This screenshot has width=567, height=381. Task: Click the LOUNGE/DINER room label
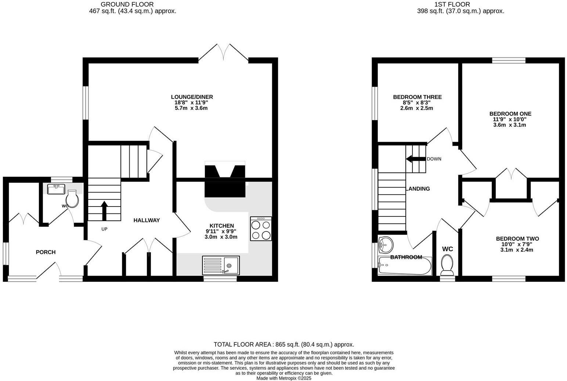tap(192, 97)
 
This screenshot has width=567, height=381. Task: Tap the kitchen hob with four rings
tap(261, 229)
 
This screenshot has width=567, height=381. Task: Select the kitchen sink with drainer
tap(221, 265)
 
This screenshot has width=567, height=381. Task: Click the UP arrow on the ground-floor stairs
tap(104, 211)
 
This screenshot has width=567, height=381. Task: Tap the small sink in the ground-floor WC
tap(56, 189)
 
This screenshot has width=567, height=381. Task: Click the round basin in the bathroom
tap(385, 244)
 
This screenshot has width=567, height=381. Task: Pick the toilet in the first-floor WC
tap(447, 265)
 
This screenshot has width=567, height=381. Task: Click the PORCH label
tap(46, 252)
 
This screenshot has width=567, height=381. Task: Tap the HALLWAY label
tap(147, 220)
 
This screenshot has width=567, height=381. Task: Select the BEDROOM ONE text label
tap(510, 114)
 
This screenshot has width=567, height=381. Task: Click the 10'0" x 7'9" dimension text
tap(517, 244)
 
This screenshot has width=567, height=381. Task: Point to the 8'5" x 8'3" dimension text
tap(417, 103)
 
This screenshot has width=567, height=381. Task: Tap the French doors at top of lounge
tap(223, 52)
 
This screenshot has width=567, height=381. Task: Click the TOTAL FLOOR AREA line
tap(283, 344)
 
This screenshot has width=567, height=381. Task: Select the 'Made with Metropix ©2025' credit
tap(283, 378)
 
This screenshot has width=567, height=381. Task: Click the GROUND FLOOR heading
tap(127, 4)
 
